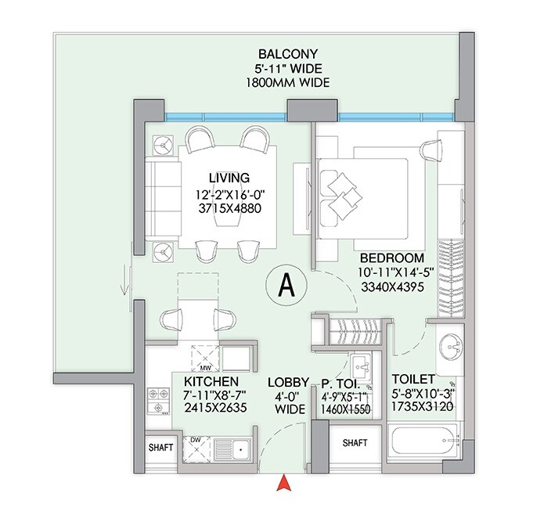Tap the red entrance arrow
pos(286,485)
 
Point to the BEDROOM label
pos(391,258)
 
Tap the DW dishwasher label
pos(196,441)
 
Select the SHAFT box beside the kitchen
pos(160,449)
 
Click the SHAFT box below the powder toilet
pos(354,443)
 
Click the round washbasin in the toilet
pos(449,344)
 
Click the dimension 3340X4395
pos(391,286)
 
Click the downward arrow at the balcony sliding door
pos(124,285)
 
